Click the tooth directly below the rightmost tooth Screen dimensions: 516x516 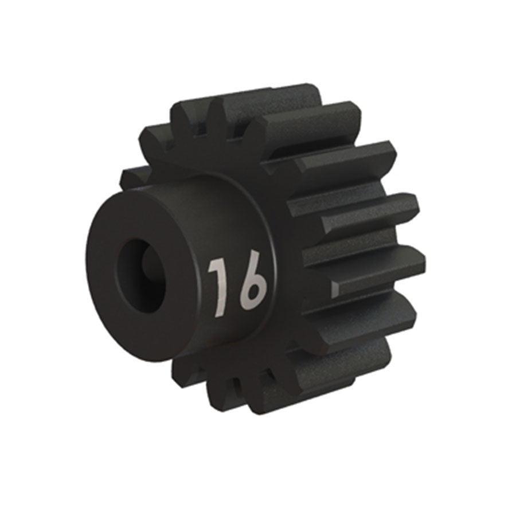pyautogui.click(x=367, y=312)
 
